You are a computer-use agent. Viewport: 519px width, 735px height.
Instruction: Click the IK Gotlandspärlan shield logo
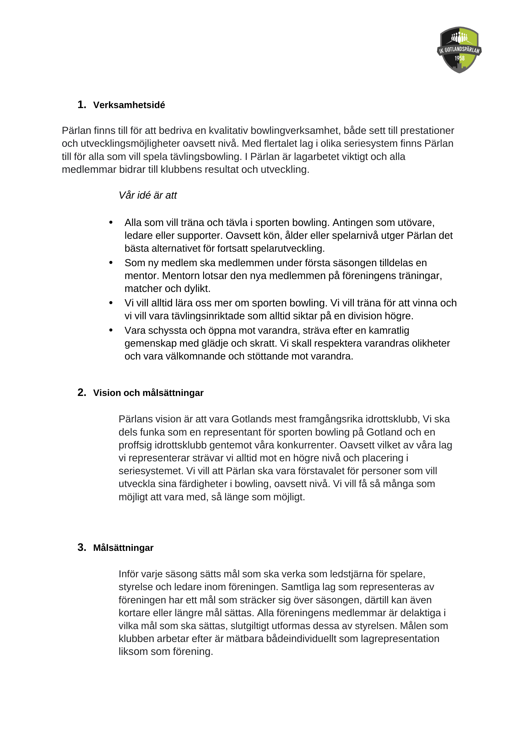pyautogui.click(x=459, y=50)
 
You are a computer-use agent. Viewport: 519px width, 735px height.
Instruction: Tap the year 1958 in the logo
pyautogui.click(x=460, y=58)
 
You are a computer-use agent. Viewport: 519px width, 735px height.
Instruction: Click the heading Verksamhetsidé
pyautogui.click(x=129, y=105)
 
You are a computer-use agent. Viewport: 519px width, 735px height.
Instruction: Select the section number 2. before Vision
pyautogui.click(x=82, y=392)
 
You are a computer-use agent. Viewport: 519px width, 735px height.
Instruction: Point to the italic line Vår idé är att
pyautogui.click(x=148, y=195)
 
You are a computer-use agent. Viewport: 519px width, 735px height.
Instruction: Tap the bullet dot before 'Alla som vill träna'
pyautogui.click(x=111, y=222)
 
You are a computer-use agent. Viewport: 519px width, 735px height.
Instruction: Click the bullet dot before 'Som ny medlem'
pyautogui.click(x=111, y=262)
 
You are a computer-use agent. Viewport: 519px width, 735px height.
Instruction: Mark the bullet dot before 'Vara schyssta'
pyautogui.click(x=111, y=330)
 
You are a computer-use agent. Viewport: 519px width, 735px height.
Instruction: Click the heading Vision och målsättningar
pyautogui.click(x=148, y=393)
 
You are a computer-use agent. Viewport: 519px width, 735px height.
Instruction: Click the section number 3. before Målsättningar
pyautogui.click(x=82, y=547)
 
